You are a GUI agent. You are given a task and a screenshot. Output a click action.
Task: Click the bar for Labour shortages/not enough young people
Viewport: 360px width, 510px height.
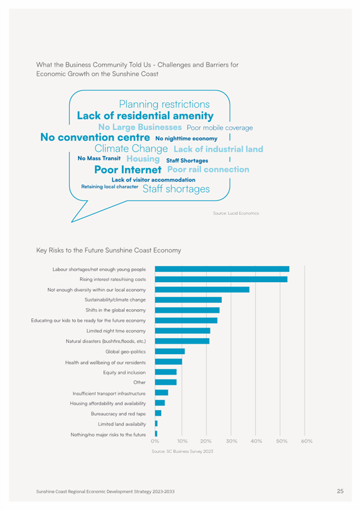[222, 269]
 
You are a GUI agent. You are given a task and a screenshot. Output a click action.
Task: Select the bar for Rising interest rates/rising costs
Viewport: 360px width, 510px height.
[221, 280]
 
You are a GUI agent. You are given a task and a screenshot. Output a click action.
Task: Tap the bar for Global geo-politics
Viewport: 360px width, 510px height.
[169, 351]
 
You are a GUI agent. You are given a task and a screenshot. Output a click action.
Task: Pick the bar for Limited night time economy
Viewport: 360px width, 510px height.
[182, 331]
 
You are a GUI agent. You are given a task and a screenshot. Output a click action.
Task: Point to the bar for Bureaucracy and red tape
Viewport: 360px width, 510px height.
[158, 413]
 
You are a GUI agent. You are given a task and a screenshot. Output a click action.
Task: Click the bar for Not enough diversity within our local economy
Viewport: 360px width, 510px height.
[202, 289]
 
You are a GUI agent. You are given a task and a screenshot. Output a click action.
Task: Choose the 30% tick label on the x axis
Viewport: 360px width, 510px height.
[231, 441]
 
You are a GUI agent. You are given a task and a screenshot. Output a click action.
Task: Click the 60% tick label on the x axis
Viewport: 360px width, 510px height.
[307, 441]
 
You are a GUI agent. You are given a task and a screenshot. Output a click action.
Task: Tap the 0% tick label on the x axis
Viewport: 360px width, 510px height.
[155, 441]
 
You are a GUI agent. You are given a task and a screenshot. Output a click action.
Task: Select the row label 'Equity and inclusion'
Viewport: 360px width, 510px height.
[124, 372]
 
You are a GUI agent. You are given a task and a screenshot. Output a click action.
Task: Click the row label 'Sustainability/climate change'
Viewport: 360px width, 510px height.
[115, 300]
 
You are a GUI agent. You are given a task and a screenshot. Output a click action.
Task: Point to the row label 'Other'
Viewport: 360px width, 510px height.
[139, 382]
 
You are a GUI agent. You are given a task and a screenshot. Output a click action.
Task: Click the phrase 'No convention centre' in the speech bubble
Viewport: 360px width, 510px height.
[95, 137]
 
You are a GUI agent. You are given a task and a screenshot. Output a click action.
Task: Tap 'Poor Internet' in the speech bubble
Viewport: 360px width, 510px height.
[128, 170]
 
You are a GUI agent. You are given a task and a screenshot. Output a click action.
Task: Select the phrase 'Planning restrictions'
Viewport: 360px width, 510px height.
[165, 104]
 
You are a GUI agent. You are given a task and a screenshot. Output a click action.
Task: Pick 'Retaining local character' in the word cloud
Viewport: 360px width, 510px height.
[110, 186]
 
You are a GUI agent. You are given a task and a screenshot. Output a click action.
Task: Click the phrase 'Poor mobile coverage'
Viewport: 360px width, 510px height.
[219, 128]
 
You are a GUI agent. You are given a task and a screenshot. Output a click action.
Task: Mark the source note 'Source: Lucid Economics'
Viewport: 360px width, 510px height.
[236, 214]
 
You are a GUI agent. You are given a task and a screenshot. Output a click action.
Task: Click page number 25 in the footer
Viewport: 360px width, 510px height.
[340, 491]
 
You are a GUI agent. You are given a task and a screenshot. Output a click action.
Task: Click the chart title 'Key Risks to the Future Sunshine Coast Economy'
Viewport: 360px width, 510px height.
[109, 250]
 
